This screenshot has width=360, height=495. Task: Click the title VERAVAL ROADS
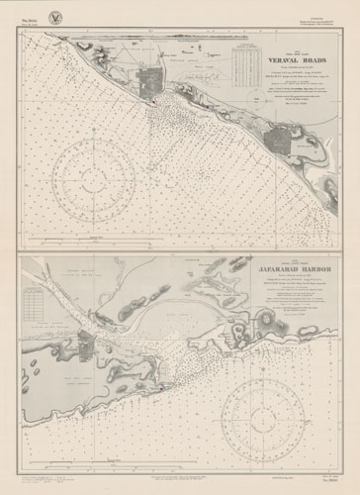273,58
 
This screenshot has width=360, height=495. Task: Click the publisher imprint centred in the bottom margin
179,478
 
